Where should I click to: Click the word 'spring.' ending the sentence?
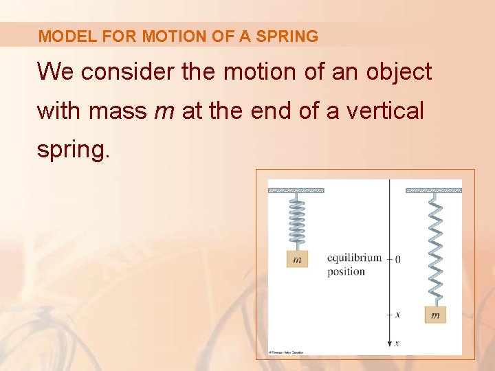[73, 148]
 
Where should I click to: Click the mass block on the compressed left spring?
[296, 259]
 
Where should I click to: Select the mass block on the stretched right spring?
[434, 314]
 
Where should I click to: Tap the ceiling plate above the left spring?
[296, 190]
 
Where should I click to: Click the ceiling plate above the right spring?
[434, 190]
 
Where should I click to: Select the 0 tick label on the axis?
[398, 259]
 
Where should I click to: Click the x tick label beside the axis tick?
[398, 314]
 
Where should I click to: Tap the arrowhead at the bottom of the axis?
[390, 343]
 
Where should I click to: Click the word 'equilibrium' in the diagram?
[354, 258]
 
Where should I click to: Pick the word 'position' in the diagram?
[346, 271]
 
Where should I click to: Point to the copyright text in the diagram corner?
[286, 352]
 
